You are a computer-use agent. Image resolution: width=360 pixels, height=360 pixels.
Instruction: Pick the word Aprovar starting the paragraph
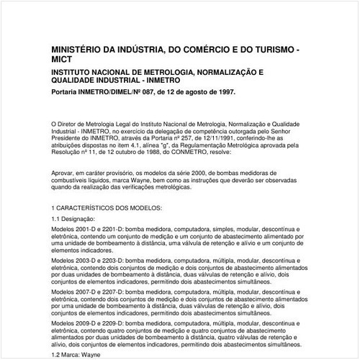tap(64, 173)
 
